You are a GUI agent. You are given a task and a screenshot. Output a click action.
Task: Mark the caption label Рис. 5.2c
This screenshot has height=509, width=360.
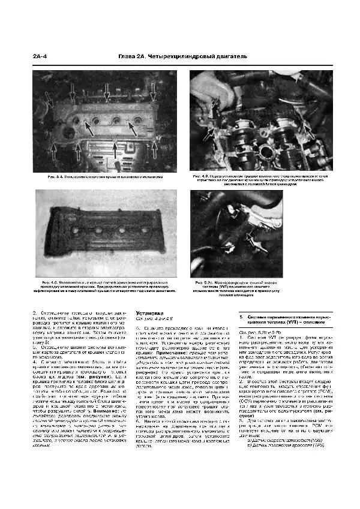click(204, 281)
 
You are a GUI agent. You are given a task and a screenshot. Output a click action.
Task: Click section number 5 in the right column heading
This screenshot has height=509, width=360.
click(241, 316)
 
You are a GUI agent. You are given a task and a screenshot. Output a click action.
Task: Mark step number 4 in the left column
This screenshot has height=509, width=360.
click(35, 362)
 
